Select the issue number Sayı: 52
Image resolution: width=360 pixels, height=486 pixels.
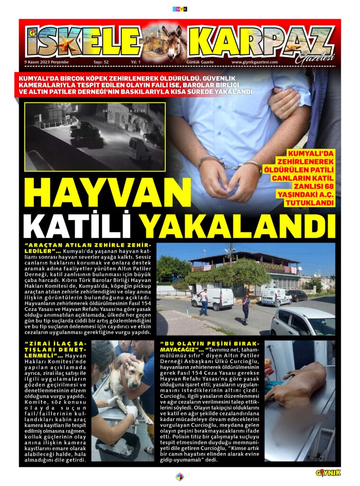101,62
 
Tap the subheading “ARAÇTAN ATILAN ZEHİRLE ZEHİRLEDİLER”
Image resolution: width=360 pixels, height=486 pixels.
90,247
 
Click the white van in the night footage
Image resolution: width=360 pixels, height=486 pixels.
139,149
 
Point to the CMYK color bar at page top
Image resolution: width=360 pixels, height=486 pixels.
180,9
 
